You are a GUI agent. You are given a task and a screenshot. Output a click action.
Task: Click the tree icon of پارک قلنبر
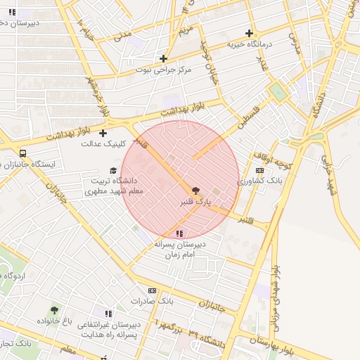[x=195, y=190]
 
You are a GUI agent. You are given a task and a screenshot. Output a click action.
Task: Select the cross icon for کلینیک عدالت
[x=103, y=133]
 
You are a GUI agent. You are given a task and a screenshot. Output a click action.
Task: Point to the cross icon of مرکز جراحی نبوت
[x=164, y=58]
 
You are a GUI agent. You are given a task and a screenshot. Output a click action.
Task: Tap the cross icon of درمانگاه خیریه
[x=249, y=33]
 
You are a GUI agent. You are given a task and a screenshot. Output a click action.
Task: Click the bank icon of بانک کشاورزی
[x=259, y=170]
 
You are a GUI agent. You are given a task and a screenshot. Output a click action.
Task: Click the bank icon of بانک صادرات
[x=152, y=290]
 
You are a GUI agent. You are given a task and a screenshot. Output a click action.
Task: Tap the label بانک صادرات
[x=152, y=301]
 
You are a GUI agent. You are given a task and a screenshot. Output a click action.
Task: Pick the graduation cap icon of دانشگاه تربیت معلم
[x=112, y=170]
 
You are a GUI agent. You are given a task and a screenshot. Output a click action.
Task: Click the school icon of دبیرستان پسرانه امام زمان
[x=180, y=233]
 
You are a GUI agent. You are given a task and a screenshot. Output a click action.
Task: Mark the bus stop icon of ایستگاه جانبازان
[x=23, y=153]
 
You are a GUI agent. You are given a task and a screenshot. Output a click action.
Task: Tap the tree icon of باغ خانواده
[x=54, y=310]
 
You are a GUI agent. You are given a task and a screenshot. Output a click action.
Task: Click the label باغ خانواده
[x=54, y=321]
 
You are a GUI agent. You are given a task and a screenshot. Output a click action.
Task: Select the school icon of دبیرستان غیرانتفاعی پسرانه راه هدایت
[x=108, y=314]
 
